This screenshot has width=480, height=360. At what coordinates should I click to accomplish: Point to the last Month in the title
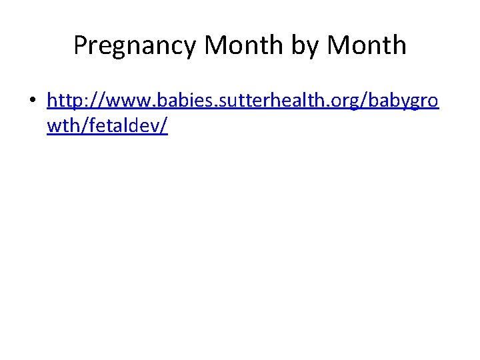click(x=367, y=45)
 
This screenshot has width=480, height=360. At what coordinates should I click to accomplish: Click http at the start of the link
click(x=66, y=101)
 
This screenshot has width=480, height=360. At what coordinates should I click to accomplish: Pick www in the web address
click(x=126, y=101)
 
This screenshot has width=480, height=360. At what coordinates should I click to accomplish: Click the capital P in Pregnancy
click(x=80, y=45)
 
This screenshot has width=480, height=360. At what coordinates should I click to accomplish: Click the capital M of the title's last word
click(x=340, y=45)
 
